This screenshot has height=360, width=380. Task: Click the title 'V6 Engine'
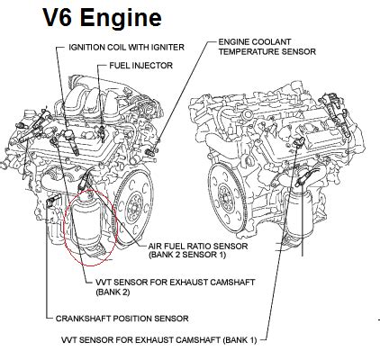pyautogui.click(x=102, y=17)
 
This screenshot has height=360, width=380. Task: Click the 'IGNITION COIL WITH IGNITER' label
pyautogui.click(x=126, y=47)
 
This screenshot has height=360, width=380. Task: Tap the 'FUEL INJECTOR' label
pyautogui.click(x=140, y=66)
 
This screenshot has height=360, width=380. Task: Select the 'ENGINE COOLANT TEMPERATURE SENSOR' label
pyautogui.click(x=267, y=47)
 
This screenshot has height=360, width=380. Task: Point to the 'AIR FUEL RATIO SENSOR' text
pyautogui.click(x=198, y=247)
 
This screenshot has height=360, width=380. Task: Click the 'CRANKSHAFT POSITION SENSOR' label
pyautogui.click(x=122, y=319)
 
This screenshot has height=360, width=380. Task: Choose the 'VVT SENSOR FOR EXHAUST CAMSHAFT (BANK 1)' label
pyautogui.click(x=159, y=340)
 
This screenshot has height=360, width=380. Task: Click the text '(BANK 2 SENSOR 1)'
pyautogui.click(x=187, y=255)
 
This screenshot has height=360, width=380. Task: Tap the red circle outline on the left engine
pyautogui.click(x=64, y=228)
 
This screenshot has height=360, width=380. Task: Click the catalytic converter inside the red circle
pyautogui.click(x=87, y=223)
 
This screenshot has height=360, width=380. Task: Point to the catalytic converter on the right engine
pyautogui.click(x=299, y=215)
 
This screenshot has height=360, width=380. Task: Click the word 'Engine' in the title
pyautogui.click(x=121, y=18)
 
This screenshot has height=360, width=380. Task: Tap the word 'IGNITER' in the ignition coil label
pyautogui.click(x=168, y=47)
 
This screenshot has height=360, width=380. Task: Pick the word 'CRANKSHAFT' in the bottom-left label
pyautogui.click(x=83, y=319)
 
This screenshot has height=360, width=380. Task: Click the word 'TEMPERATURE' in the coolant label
pyautogui.click(x=249, y=51)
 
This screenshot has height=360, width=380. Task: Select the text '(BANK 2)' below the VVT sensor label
pyautogui.click(x=113, y=292)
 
